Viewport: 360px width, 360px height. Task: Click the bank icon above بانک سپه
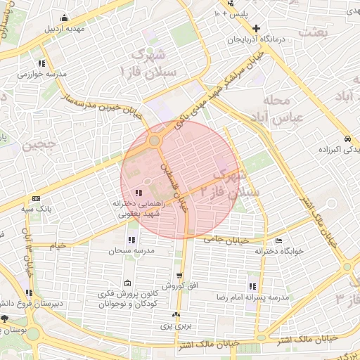[36, 199]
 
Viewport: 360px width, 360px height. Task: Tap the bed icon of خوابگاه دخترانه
[279, 241]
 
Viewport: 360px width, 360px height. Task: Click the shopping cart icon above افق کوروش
[181, 275]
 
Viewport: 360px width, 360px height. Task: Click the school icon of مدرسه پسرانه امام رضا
[252, 285]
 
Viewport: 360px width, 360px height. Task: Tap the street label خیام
[58, 246]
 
